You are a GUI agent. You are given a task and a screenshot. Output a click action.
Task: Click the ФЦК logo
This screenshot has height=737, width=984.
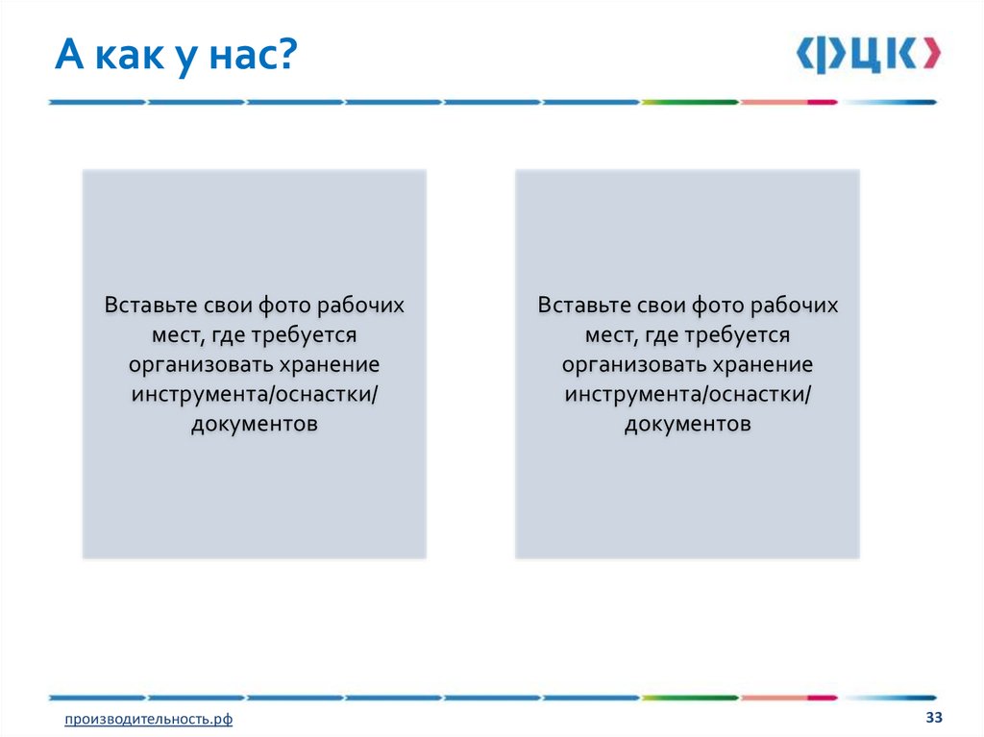click(869, 55)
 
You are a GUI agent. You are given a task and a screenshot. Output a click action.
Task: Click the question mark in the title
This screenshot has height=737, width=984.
click(285, 54)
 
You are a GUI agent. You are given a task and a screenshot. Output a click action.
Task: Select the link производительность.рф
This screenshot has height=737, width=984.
click(148, 719)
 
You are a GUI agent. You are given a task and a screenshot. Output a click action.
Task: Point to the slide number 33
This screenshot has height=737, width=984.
click(934, 717)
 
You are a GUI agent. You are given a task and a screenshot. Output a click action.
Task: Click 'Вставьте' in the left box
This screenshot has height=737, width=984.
click(150, 305)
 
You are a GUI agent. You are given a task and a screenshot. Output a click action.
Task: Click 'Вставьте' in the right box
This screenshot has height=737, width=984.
click(583, 305)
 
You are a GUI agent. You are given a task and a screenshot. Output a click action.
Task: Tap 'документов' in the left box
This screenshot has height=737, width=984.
click(254, 424)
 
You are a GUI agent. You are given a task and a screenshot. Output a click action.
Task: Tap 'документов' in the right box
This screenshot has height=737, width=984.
click(688, 424)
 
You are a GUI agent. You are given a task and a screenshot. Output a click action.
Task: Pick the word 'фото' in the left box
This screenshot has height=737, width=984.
click(284, 306)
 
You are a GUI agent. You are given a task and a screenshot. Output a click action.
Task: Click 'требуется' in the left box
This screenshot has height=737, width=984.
click(304, 335)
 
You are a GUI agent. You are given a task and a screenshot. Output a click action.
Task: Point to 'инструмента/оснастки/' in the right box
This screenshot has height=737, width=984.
click(688, 395)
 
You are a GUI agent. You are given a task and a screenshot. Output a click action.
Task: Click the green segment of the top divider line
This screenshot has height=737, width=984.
click(690, 102)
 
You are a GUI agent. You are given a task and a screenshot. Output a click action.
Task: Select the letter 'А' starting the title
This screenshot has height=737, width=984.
click(69, 55)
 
